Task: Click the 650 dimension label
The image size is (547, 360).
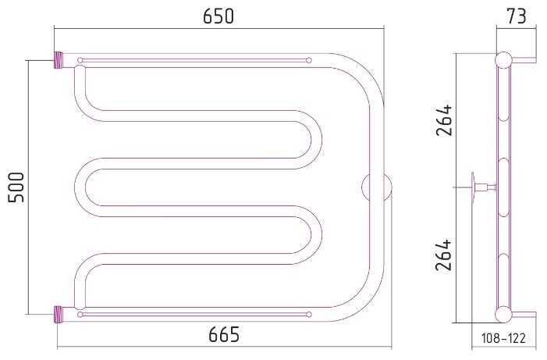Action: tap(218, 16)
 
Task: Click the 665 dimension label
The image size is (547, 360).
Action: tap(224, 334)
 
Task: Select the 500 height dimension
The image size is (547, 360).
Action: tap(16, 187)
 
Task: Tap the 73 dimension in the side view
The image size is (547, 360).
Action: tap(517, 16)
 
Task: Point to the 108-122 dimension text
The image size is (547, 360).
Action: tap(503, 338)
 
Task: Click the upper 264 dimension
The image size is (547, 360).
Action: tap(444, 119)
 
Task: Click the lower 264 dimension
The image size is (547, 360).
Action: tap(444, 255)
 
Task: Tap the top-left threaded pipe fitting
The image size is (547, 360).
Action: tap(59, 60)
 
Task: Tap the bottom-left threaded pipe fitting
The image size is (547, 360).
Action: tap(59, 314)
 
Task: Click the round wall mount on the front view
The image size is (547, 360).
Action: tap(377, 187)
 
